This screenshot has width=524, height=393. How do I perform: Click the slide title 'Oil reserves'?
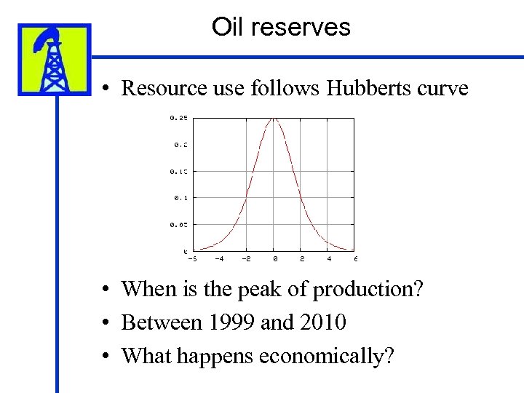point(281,28)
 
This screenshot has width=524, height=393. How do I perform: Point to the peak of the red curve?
point(274,118)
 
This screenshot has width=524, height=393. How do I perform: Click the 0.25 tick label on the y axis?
point(178,117)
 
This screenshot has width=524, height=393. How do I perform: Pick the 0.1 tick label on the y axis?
point(180,197)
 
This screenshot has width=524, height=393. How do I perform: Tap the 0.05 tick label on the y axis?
point(178,224)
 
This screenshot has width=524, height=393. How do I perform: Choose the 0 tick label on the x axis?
point(274,258)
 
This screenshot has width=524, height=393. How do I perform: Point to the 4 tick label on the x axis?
point(328,258)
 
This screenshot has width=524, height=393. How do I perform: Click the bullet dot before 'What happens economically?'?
point(106,356)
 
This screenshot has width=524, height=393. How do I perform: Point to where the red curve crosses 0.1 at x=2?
point(301,197)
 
